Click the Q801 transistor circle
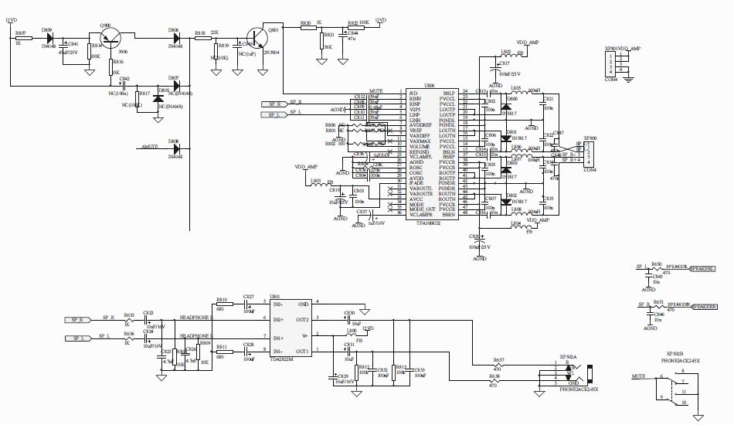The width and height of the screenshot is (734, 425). pos(254,38)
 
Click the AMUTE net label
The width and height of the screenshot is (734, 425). pos(150,146)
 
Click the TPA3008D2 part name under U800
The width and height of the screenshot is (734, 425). pos(430,223)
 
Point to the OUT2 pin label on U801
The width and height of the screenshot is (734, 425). pos(303,318)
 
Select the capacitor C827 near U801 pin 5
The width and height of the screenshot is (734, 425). pos(249,307)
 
